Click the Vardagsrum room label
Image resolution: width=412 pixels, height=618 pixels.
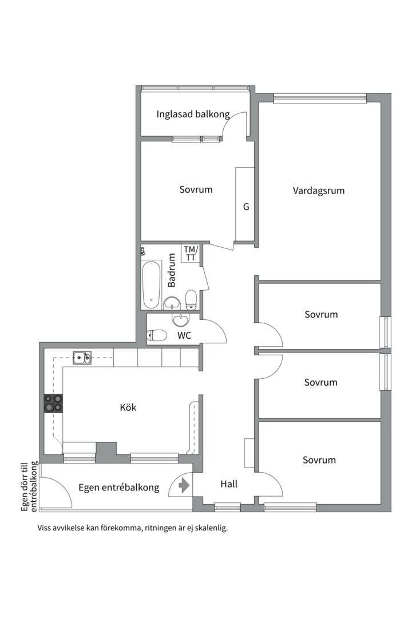[319, 191]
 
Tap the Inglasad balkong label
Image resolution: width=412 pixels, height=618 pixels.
[193, 114]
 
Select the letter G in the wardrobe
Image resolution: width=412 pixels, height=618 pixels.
[246, 207]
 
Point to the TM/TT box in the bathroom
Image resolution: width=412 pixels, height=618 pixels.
[191, 253]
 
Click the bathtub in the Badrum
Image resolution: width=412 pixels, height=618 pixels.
[152, 284]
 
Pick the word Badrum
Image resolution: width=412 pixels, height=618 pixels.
[172, 271]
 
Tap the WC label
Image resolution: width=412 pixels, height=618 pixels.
[184, 335]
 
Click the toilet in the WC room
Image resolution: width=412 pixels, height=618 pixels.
[157, 335]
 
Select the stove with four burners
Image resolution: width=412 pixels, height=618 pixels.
[54, 403]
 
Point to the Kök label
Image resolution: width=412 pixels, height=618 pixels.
[128, 408]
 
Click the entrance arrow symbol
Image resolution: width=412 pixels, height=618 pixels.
[184, 486]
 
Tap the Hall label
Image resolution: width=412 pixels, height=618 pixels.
[229, 484]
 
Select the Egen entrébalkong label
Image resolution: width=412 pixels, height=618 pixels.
[118, 488]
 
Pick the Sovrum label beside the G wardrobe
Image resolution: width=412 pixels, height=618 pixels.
[196, 189]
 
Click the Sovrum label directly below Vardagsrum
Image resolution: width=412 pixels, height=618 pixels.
[321, 314]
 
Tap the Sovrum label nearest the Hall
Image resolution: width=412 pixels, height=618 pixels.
[319, 459]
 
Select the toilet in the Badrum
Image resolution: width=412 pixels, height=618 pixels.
[191, 298]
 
